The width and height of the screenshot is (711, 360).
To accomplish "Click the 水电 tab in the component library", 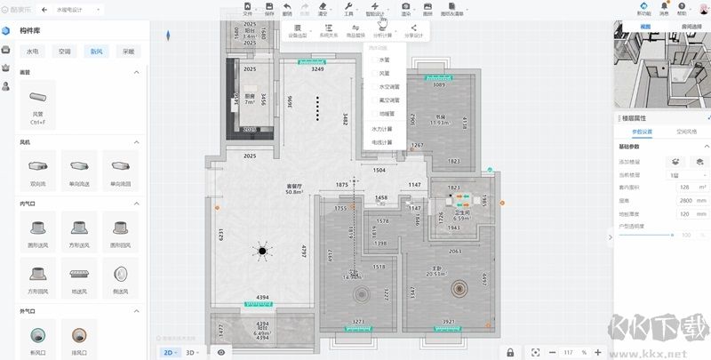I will click(33, 52).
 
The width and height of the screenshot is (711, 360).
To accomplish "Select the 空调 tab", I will click(64, 52).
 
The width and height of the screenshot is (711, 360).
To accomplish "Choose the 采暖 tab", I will click(129, 52).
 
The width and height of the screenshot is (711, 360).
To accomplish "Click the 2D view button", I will click(167, 352).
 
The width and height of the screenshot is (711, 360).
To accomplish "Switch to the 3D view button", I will click(191, 352).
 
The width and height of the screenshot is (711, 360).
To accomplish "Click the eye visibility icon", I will click(221, 352).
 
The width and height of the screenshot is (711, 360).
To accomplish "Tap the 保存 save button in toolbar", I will click(269, 11).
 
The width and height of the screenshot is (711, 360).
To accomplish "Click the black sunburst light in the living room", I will click(263, 253).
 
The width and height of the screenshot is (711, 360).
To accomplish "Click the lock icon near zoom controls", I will click(509, 352).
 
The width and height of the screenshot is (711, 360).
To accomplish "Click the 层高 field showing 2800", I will click(684, 201).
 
